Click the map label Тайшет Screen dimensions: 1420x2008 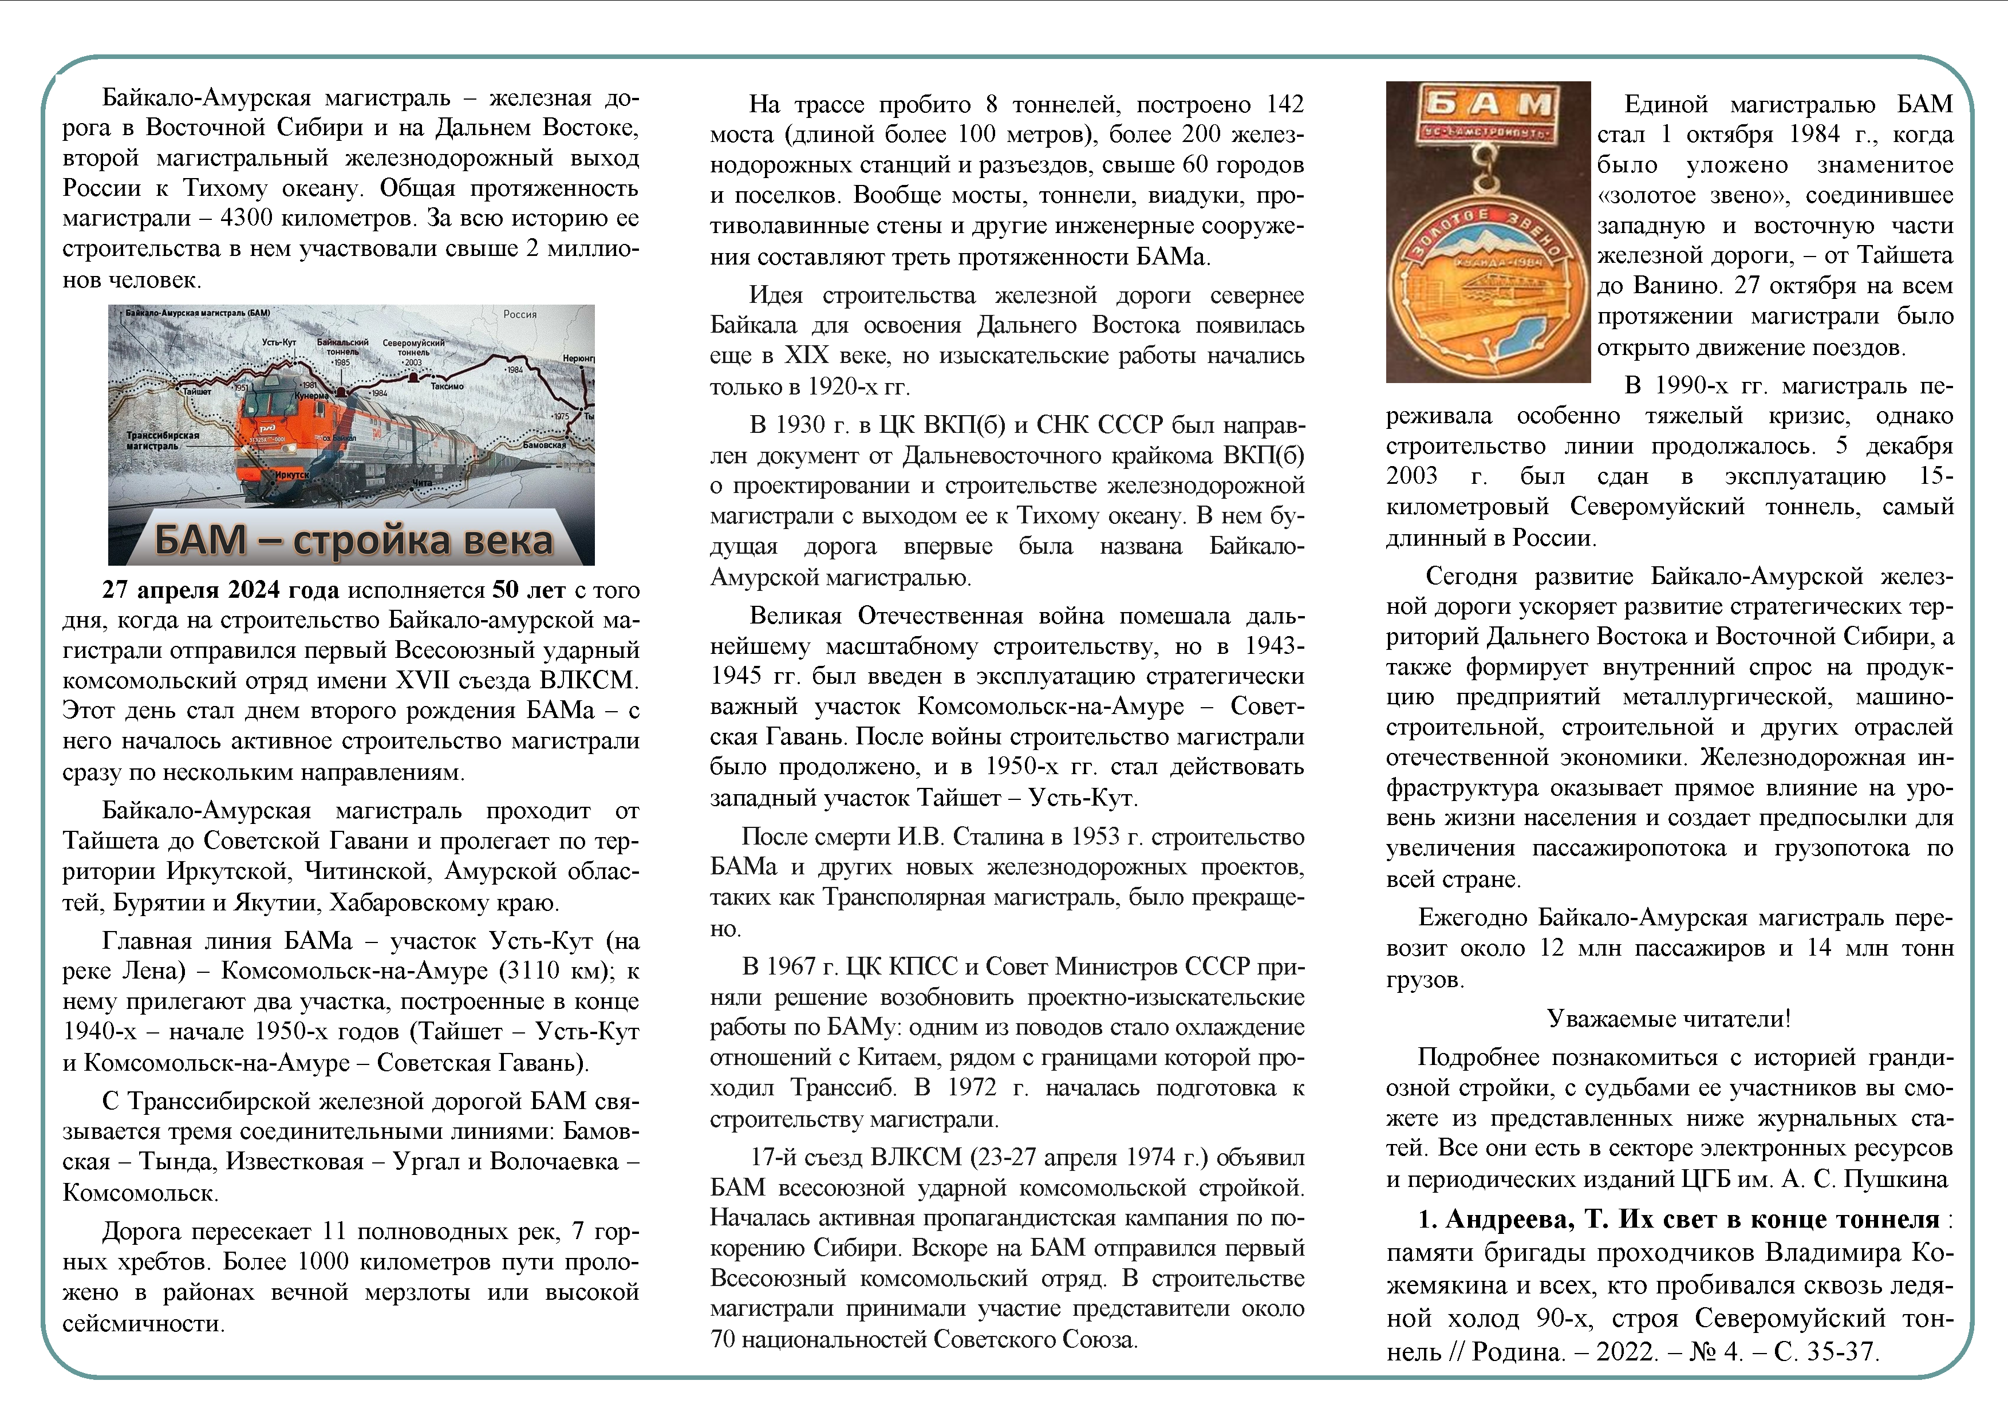click(x=196, y=391)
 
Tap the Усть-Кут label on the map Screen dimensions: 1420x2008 click(x=279, y=342)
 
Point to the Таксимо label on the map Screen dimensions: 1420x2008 click(x=448, y=385)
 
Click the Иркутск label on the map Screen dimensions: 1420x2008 click(x=291, y=474)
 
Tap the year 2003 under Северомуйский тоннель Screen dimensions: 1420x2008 click(x=413, y=362)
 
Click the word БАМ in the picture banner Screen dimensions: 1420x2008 click(x=200, y=539)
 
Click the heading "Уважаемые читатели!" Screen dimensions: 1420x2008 click(x=1668, y=1019)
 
